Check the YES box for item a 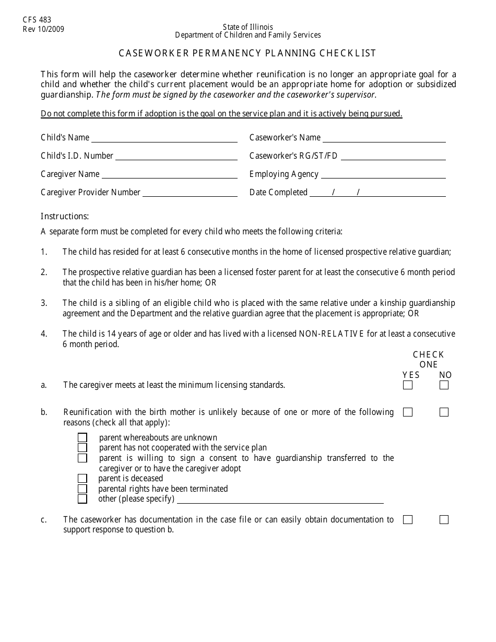pyautogui.click(x=408, y=385)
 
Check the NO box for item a pyautogui.click(x=444, y=385)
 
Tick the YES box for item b pyautogui.click(x=408, y=412)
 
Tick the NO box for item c pyautogui.click(x=444, y=520)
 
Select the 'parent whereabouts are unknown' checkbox pyautogui.click(x=82, y=437)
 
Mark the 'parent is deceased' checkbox pyautogui.click(x=82, y=478)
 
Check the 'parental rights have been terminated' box pyautogui.click(x=82, y=489)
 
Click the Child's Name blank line pyautogui.click(x=164, y=139)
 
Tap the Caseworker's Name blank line pyautogui.click(x=384, y=139)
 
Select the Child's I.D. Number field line pyautogui.click(x=176, y=158)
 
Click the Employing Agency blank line pyautogui.click(x=383, y=176)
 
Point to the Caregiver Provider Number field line pyautogui.click(x=190, y=194)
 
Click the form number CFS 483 pyautogui.click(x=37, y=20)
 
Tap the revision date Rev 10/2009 pyautogui.click(x=43, y=29)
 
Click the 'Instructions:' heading pyautogui.click(x=65, y=216)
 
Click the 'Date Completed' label pyautogui.click(x=278, y=192)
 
